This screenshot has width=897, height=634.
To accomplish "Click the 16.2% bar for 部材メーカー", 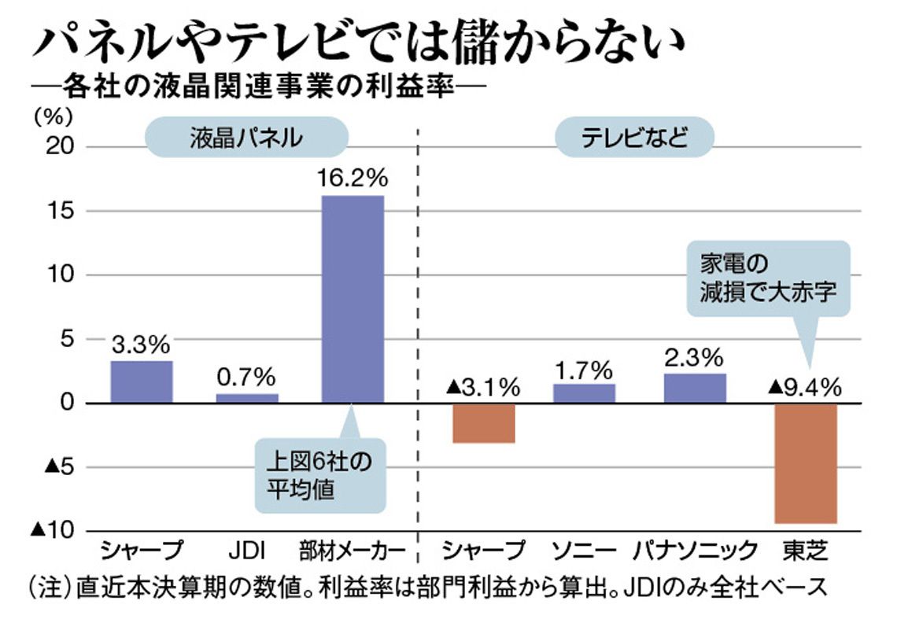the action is [353, 299].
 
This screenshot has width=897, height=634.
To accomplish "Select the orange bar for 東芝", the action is [806, 463].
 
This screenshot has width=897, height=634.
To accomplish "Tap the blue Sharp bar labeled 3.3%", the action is [142, 382].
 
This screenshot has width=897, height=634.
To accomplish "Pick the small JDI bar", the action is [247, 399].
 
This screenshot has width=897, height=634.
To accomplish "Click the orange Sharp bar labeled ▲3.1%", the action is [483, 424].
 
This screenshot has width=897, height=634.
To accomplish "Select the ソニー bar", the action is [584, 393].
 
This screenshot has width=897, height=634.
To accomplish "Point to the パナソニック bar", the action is [695, 388].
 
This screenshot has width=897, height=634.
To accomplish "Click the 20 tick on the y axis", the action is [60, 147].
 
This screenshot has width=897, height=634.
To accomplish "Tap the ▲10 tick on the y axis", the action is [54, 530].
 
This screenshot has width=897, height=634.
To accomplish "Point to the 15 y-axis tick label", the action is [61, 211].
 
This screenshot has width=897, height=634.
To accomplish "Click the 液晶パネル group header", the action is [246, 138].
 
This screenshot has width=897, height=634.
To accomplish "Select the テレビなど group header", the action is [634, 138].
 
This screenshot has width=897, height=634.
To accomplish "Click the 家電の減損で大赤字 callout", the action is [768, 278].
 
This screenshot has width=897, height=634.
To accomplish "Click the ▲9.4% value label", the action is [804, 388].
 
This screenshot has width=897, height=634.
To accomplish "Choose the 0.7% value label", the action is [246, 378].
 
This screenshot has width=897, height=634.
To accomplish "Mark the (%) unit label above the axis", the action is [54, 117].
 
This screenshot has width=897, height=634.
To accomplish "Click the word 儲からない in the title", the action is [567, 43].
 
